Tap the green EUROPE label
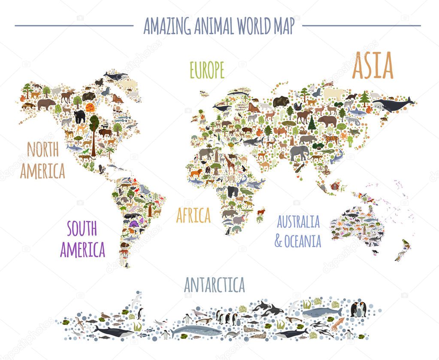pos(207,70)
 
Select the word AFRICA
pos(194,215)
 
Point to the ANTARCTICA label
pos(214,284)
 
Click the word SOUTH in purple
pos(82,229)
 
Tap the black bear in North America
pos(79,116)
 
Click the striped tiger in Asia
pos(330,138)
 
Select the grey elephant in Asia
pos(299,152)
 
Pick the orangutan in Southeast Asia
pos(335,186)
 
